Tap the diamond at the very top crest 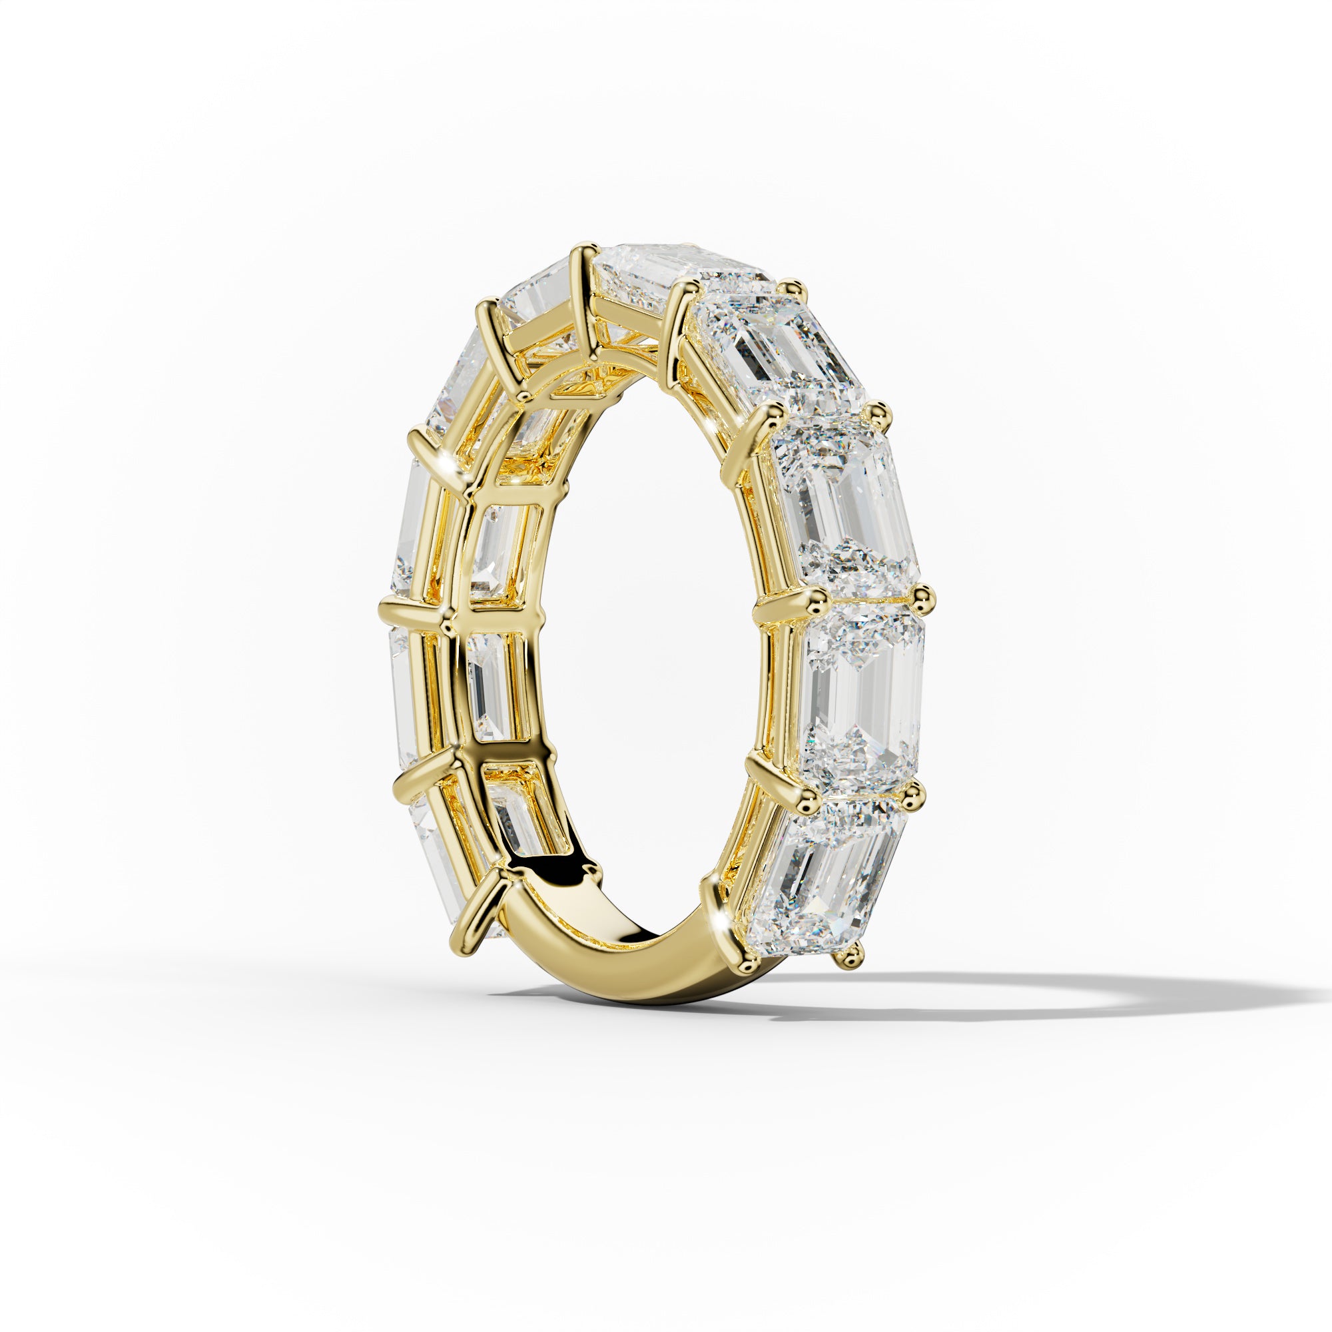[679, 272]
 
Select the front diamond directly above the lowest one [862, 697]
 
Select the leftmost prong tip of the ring [386, 609]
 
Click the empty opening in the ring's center [641, 621]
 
